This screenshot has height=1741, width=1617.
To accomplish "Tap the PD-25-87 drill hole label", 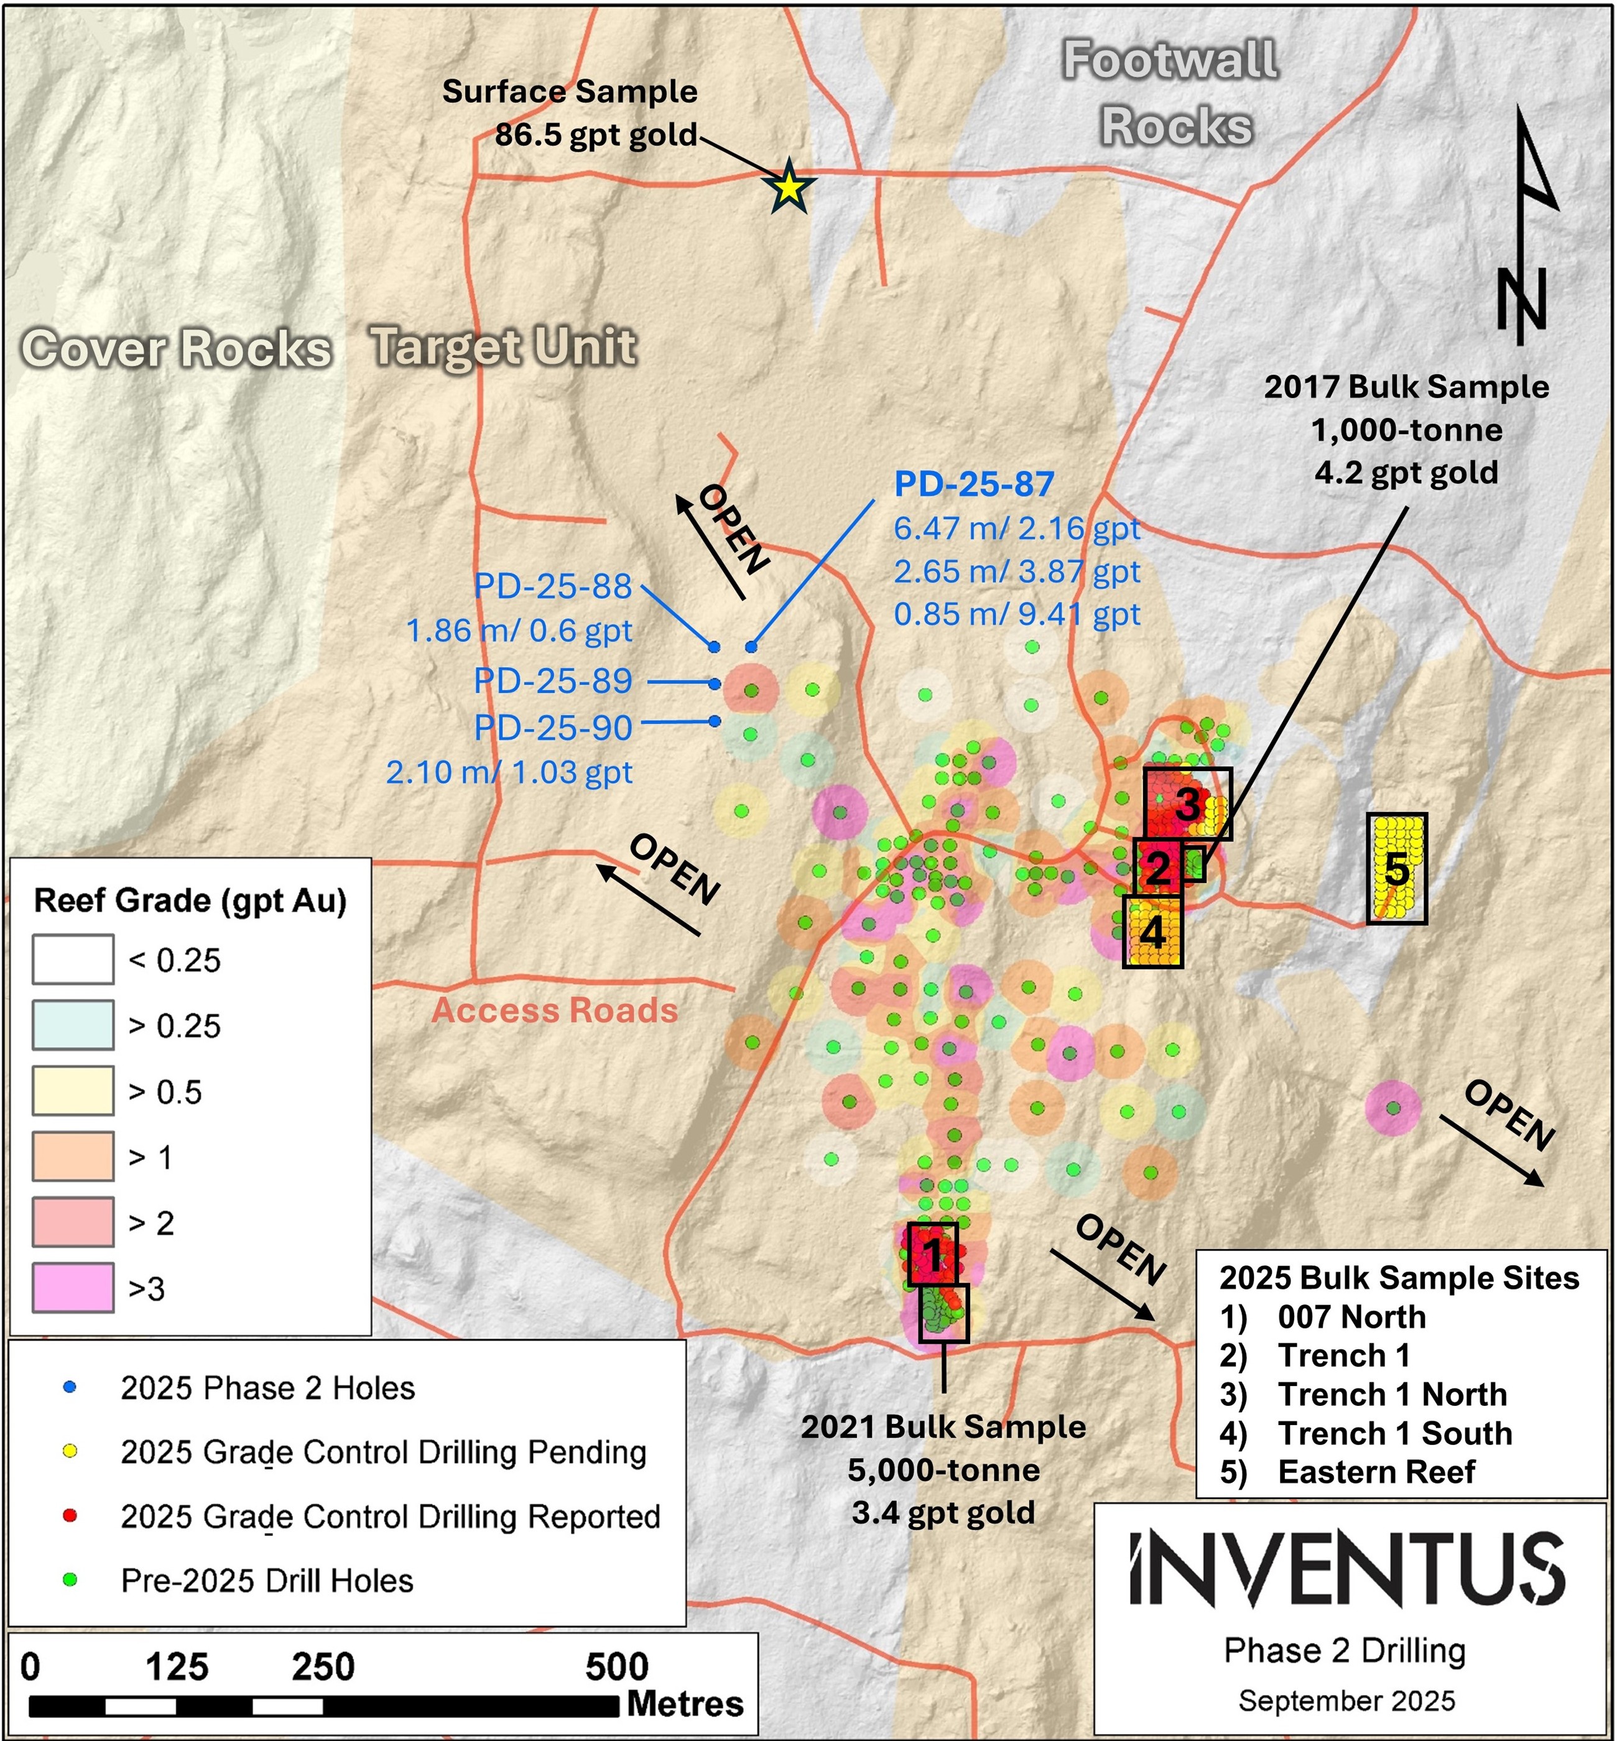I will [x=974, y=484].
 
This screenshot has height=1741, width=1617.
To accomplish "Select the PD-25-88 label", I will [x=553, y=586].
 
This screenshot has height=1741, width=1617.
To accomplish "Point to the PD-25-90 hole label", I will [x=553, y=728].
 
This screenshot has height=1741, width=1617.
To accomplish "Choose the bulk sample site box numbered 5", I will [x=1396, y=869].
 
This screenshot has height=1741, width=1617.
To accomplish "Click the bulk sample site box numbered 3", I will [x=1187, y=803].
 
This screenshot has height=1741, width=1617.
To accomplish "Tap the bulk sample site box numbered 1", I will [x=933, y=1254].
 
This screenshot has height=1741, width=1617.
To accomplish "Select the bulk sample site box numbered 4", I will [x=1152, y=931].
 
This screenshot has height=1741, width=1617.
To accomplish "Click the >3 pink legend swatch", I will [x=73, y=1288].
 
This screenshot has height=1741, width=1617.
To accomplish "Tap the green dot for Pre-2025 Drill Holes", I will [x=70, y=1580].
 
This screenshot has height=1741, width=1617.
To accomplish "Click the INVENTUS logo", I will [x=1348, y=1569].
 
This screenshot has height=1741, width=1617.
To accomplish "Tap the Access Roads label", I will [x=555, y=1010].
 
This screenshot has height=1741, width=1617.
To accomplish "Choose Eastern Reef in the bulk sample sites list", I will [x=1376, y=1472].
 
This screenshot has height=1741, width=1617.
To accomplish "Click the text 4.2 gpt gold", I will [x=1406, y=473].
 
